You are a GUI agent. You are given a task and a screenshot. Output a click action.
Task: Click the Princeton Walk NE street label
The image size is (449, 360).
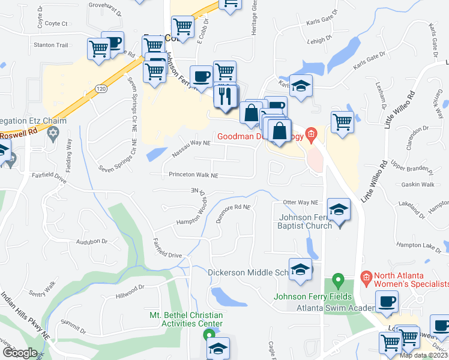pyautogui.click(x=184, y=175)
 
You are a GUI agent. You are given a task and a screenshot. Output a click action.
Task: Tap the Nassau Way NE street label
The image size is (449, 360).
pyautogui.click(x=191, y=143)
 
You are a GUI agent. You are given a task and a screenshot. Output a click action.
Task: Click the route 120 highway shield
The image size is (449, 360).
pyautogui.click(x=101, y=89)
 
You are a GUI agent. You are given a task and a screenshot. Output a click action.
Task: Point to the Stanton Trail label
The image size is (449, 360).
pyautogui.click(x=51, y=45)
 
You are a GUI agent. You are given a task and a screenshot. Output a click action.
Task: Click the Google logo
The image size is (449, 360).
pyautogui.click(x=20, y=352)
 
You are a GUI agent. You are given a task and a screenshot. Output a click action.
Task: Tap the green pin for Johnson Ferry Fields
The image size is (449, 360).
pyautogui.click(x=337, y=280)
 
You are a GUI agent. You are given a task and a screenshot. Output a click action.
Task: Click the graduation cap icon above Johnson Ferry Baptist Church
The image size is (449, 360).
pyautogui.click(x=339, y=210)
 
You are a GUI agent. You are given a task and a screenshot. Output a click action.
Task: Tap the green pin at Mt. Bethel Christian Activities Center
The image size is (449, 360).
pyautogui.click(x=208, y=334)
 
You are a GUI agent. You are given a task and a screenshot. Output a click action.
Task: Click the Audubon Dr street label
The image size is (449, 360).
pyautogui.click(x=91, y=241)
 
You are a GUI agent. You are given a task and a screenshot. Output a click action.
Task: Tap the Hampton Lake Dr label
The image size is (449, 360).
pyautogui.click(x=418, y=245)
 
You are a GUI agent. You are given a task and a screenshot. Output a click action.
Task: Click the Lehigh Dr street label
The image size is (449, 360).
pyautogui.click(x=321, y=40)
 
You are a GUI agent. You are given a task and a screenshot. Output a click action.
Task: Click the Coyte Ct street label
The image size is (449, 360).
pyautogui.click(x=56, y=24)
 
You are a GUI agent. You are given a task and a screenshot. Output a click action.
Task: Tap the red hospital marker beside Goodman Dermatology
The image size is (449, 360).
pyautogui.click(x=310, y=134)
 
